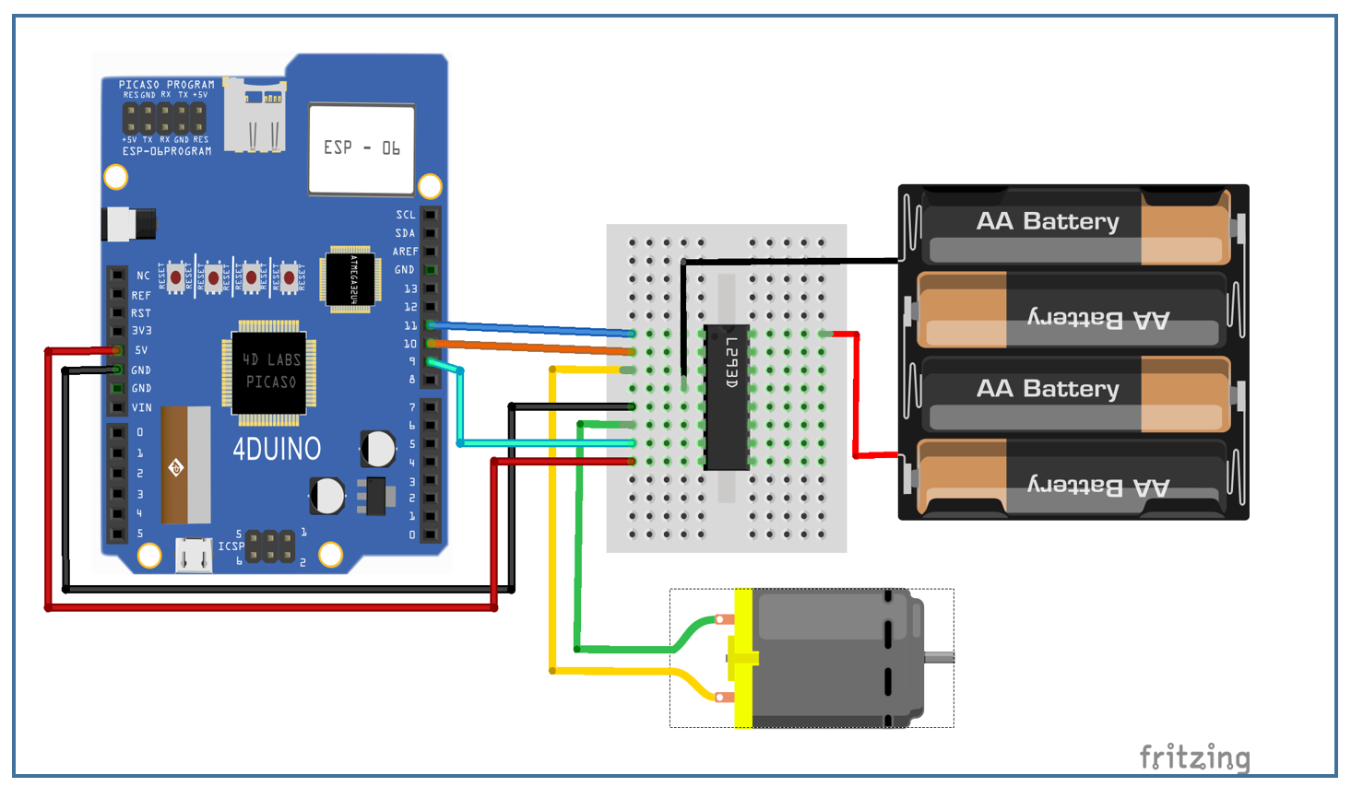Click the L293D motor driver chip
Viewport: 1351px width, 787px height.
(726, 396)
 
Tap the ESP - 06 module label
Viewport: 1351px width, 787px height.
(361, 148)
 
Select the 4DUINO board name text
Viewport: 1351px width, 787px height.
(277, 450)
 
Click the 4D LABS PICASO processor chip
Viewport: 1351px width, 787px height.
(269, 370)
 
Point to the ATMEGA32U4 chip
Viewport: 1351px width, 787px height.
(351, 278)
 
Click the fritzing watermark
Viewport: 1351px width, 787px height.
(1194, 758)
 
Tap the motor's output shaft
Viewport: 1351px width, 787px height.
(940, 657)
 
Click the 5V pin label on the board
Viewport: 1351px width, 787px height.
(141, 350)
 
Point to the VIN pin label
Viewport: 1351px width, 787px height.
(141, 407)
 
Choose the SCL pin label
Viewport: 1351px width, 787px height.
(406, 215)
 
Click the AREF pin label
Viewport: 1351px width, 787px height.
(405, 252)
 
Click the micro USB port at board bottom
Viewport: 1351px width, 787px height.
(194, 556)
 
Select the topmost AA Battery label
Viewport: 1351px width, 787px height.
(1048, 221)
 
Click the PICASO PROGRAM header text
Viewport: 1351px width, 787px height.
(166, 85)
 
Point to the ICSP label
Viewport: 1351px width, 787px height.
(231, 546)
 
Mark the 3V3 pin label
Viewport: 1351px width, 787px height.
(141, 331)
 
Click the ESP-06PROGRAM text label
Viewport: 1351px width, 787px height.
(167, 151)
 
